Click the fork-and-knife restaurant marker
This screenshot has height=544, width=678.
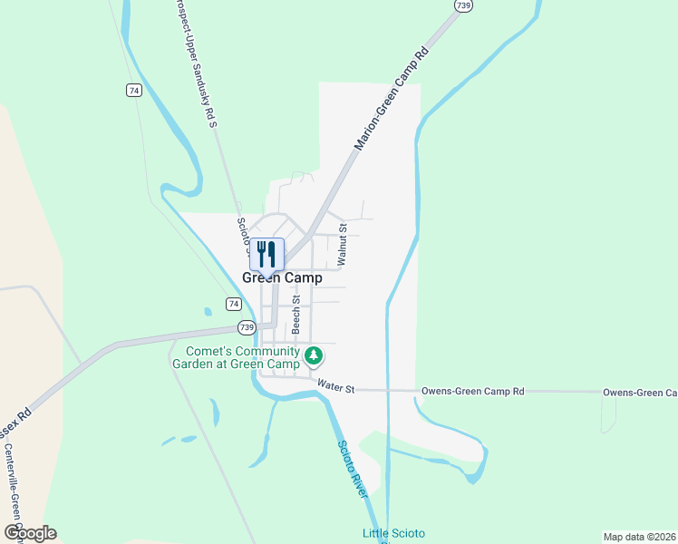click(x=266, y=254)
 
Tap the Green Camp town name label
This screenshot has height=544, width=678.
click(x=282, y=278)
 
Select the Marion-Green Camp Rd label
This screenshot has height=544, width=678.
click(x=390, y=99)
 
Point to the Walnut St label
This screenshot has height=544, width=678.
click(x=342, y=244)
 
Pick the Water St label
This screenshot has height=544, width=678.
click(x=335, y=389)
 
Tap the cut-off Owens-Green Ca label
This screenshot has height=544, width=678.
click(x=640, y=393)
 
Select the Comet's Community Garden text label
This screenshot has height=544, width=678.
click(x=242, y=357)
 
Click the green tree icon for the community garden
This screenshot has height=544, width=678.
click(x=314, y=355)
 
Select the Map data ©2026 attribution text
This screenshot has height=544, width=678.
click(x=639, y=537)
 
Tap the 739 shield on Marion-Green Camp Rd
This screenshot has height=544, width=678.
click(x=463, y=5)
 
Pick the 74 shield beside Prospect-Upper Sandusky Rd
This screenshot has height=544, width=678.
click(x=134, y=90)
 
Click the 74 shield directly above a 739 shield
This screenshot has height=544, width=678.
click(x=234, y=304)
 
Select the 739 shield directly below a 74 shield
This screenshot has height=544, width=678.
click(x=247, y=327)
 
